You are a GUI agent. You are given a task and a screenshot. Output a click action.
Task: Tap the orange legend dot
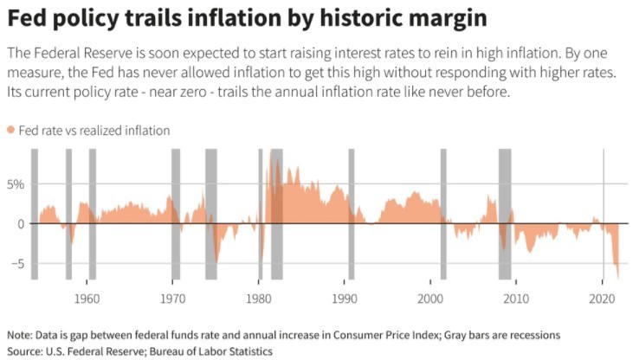pos(11,130)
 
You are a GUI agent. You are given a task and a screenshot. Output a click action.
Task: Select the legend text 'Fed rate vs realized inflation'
pos(94,130)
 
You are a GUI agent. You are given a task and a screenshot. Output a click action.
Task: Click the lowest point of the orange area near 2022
pos(618,276)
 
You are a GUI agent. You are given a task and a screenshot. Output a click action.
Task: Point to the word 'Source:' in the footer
pos(26,351)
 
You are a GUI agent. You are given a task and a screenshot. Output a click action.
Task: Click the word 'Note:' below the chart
pos(22,335)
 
